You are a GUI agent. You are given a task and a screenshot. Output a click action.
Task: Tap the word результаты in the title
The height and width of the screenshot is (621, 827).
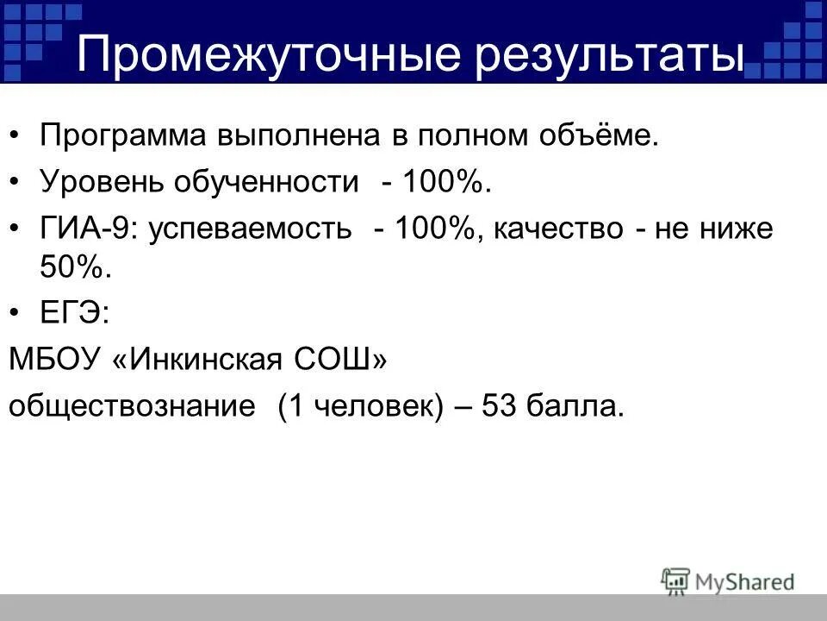(x=594, y=57)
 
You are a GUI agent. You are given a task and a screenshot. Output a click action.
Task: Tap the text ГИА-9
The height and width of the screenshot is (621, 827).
(x=85, y=229)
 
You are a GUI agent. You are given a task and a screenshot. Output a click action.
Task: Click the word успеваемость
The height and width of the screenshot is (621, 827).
(x=250, y=229)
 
